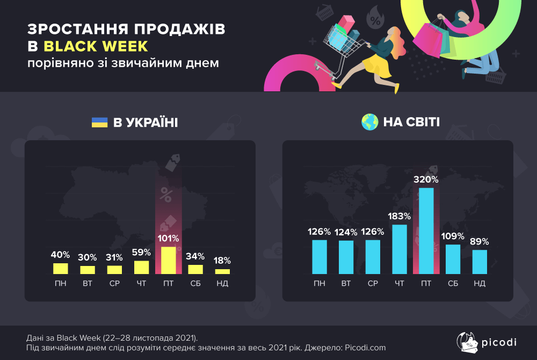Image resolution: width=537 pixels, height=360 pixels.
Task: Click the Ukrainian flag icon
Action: tap(99, 123)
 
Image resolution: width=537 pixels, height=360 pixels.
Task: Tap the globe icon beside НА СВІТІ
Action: tap(369, 123)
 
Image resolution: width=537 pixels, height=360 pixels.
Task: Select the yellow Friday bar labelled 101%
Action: tap(168, 260)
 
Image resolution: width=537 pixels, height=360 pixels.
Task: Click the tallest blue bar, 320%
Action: tap(426, 231)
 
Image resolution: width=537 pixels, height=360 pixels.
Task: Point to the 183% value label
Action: tap(399, 216)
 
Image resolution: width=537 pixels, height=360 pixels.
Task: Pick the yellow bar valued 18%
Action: tap(222, 271)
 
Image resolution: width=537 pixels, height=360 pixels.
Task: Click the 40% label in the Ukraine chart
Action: tap(61, 255)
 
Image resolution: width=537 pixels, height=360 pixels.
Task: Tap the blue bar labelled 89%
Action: tap(480, 262)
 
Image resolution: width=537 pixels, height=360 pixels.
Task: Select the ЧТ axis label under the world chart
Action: tap(400, 283)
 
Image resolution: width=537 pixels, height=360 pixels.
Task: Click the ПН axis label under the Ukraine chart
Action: tap(61, 283)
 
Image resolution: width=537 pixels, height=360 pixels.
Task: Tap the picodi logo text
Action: tap(497, 342)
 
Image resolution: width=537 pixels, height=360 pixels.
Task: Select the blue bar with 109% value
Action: tap(453, 259)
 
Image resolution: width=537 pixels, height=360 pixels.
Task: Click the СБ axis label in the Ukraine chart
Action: tap(195, 283)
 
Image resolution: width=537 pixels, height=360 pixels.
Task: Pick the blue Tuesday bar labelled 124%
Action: tap(346, 257)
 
